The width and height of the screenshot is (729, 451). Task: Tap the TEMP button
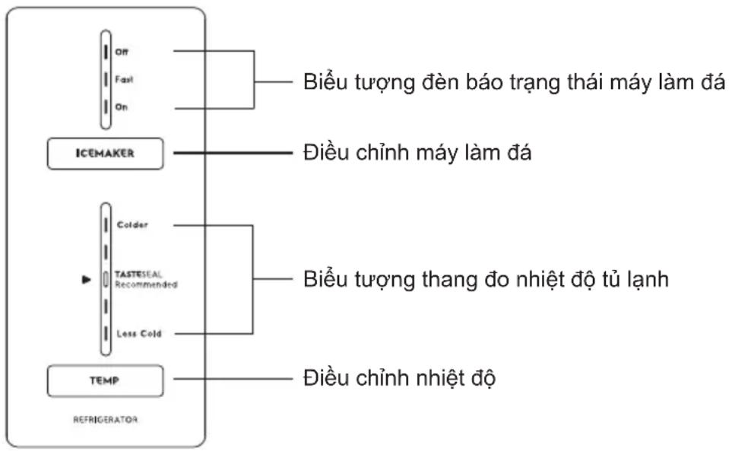pyautogui.click(x=105, y=381)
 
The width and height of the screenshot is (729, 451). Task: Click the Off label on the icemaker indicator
pyautogui.click(x=122, y=52)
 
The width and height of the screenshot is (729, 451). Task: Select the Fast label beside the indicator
pyautogui.click(x=124, y=80)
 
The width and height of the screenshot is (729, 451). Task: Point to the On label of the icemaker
pyautogui.click(x=122, y=107)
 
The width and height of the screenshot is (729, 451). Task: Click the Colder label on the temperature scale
pyautogui.click(x=132, y=225)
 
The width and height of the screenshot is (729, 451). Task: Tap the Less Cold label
pyautogui.click(x=139, y=333)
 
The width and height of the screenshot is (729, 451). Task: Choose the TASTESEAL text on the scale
pyautogui.click(x=138, y=275)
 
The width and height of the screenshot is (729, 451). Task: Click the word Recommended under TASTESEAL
pyautogui.click(x=147, y=284)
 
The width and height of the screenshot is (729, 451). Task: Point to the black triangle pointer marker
pyautogui.click(x=87, y=279)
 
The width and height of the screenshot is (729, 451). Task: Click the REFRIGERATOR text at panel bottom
pyautogui.click(x=106, y=419)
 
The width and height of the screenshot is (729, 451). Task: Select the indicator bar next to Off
pyautogui.click(x=106, y=52)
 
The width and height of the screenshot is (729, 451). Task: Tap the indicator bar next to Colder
pyautogui.click(x=106, y=225)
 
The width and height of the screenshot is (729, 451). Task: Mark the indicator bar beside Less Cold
pyautogui.click(x=106, y=333)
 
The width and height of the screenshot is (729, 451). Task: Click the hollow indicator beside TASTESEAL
pyautogui.click(x=106, y=279)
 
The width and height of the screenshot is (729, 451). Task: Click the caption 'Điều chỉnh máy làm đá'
pyautogui.click(x=417, y=153)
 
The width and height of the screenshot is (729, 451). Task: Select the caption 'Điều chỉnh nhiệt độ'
pyautogui.click(x=400, y=378)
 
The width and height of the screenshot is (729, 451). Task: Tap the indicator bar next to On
pyautogui.click(x=106, y=107)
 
